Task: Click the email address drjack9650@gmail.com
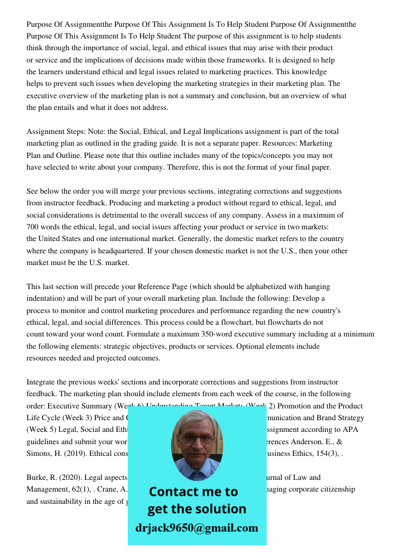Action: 196,528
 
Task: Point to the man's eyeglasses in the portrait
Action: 196,439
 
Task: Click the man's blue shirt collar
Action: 196,472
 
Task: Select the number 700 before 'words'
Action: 34,227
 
